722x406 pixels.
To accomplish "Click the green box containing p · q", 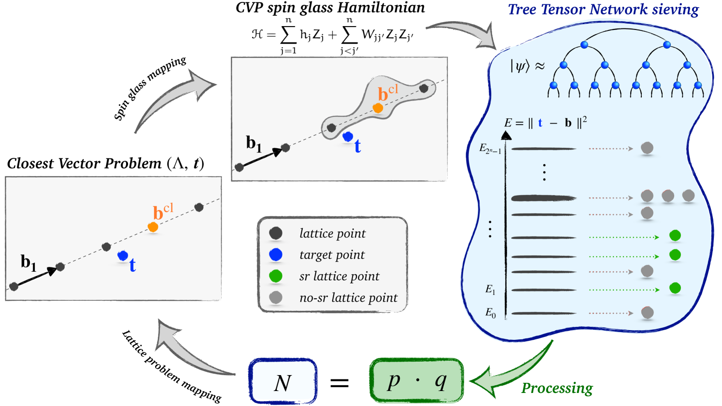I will coord(416,380).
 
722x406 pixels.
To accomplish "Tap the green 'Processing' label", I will coord(557,388).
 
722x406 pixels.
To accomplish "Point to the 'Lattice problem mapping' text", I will coord(171,366).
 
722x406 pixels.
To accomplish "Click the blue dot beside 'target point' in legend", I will coord(276,254).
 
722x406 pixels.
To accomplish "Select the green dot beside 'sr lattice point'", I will coord(276,276).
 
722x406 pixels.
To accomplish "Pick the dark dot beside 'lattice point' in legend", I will coord(276,233).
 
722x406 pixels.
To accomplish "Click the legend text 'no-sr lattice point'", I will coord(348,298).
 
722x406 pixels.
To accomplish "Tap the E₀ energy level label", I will coord(490,313).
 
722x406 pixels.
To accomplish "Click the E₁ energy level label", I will coord(490,290).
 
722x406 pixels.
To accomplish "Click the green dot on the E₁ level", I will coord(675,288).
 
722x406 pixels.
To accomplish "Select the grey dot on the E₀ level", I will coord(647,312).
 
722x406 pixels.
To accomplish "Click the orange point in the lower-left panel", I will coord(153,226).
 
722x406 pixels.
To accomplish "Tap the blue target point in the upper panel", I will coord(348,137).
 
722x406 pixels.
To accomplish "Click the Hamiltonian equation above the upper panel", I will coord(332,35).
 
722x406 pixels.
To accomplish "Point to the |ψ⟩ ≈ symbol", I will coord(527,66).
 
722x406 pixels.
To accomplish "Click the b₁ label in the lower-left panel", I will coord(28,263).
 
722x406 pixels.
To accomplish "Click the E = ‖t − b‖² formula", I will coord(545,123).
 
